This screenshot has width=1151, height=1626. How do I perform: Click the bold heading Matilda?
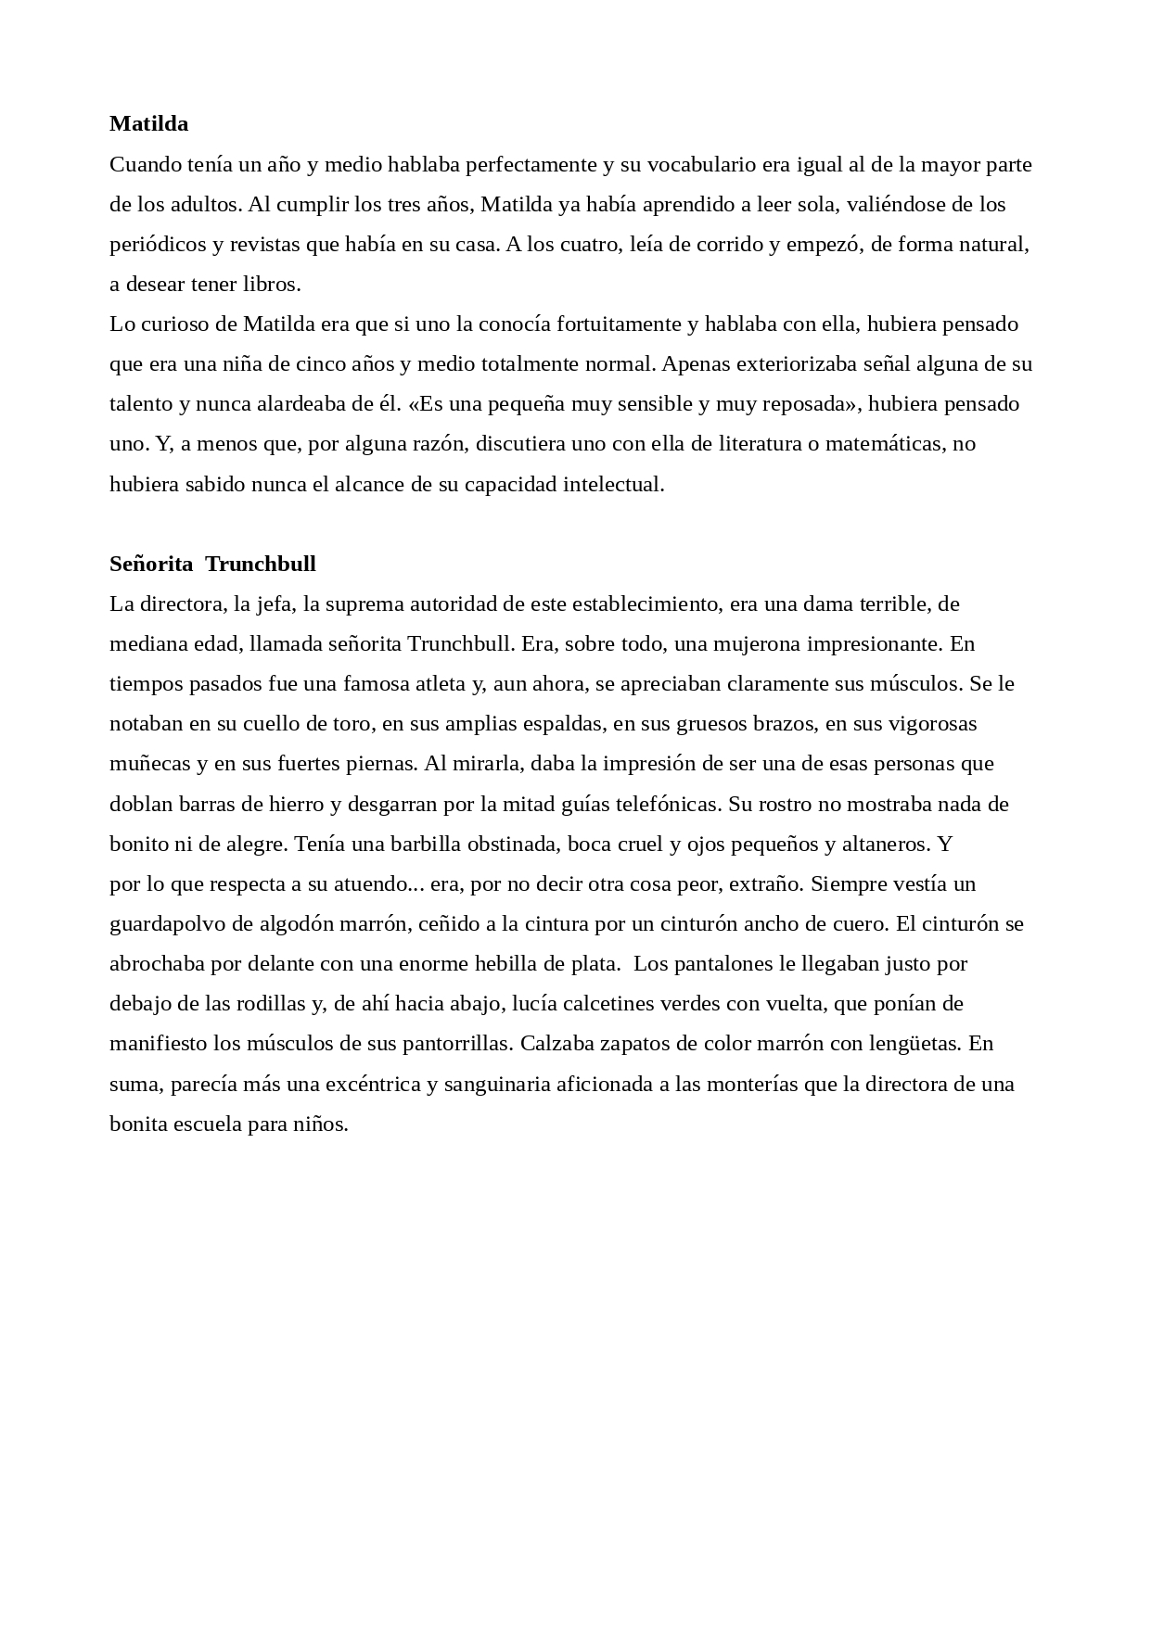(148, 123)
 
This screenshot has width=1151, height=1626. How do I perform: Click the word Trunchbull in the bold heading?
(261, 564)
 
